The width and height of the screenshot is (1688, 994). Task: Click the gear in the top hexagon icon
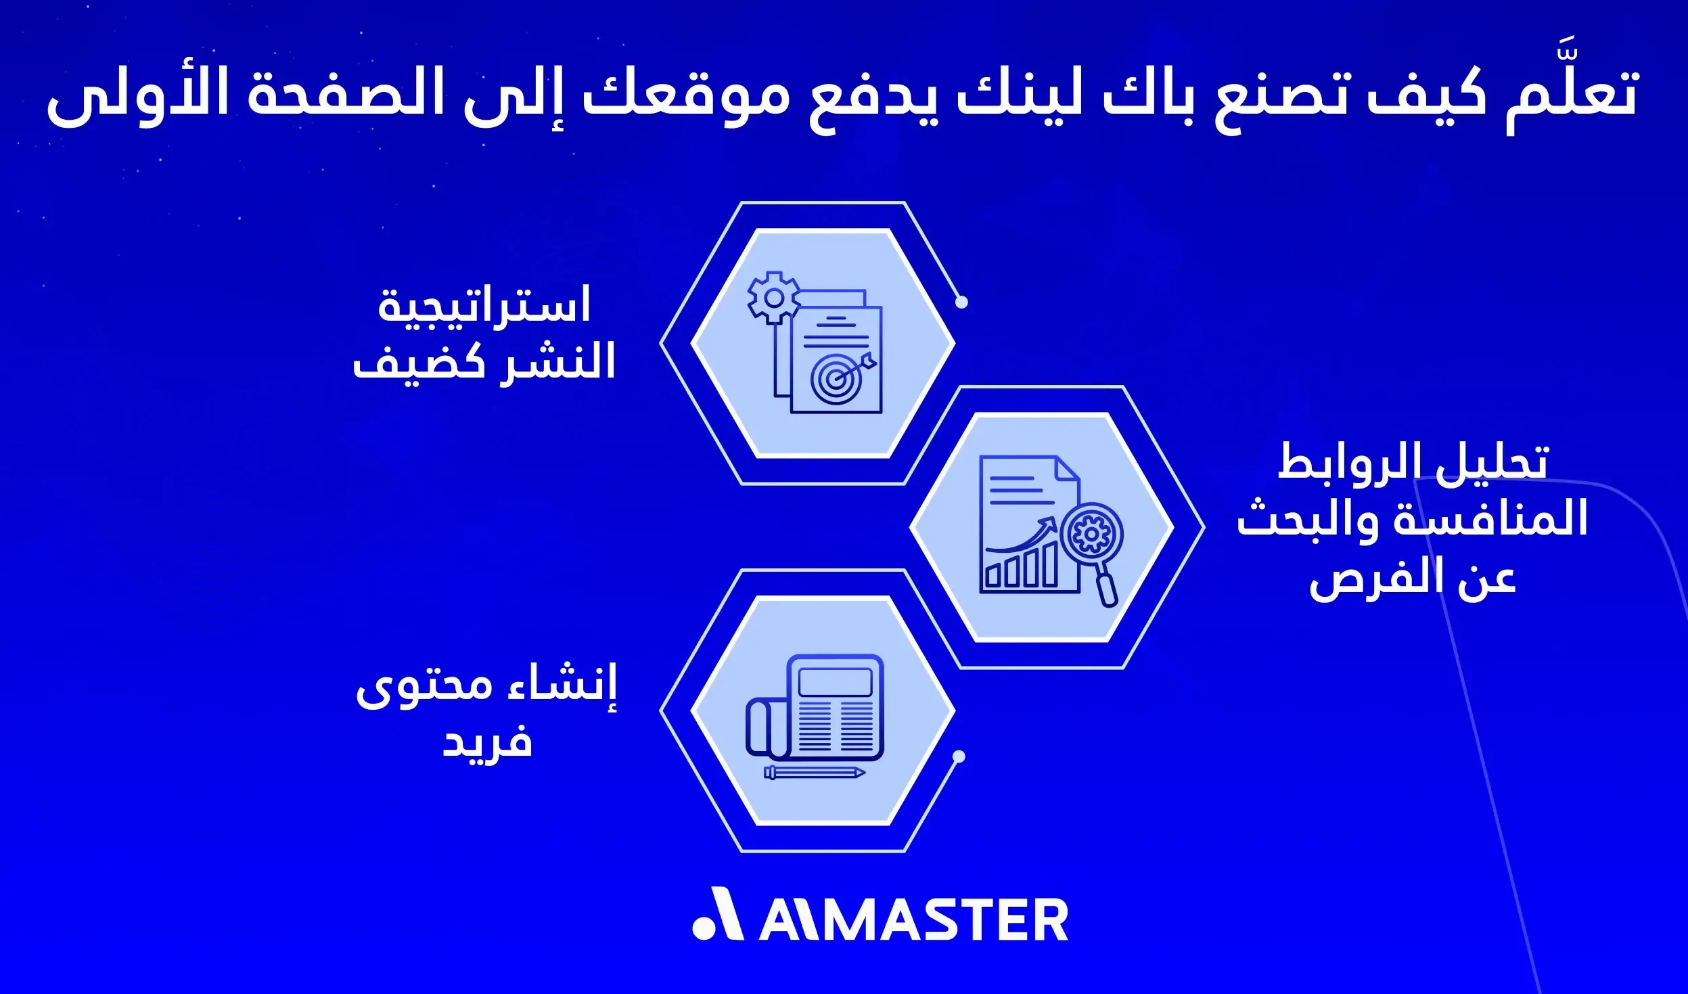(774, 298)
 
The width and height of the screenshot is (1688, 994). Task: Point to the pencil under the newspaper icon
(815, 773)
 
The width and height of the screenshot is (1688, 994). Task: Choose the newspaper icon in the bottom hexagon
(816, 708)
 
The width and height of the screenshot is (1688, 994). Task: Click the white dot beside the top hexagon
(961, 302)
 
